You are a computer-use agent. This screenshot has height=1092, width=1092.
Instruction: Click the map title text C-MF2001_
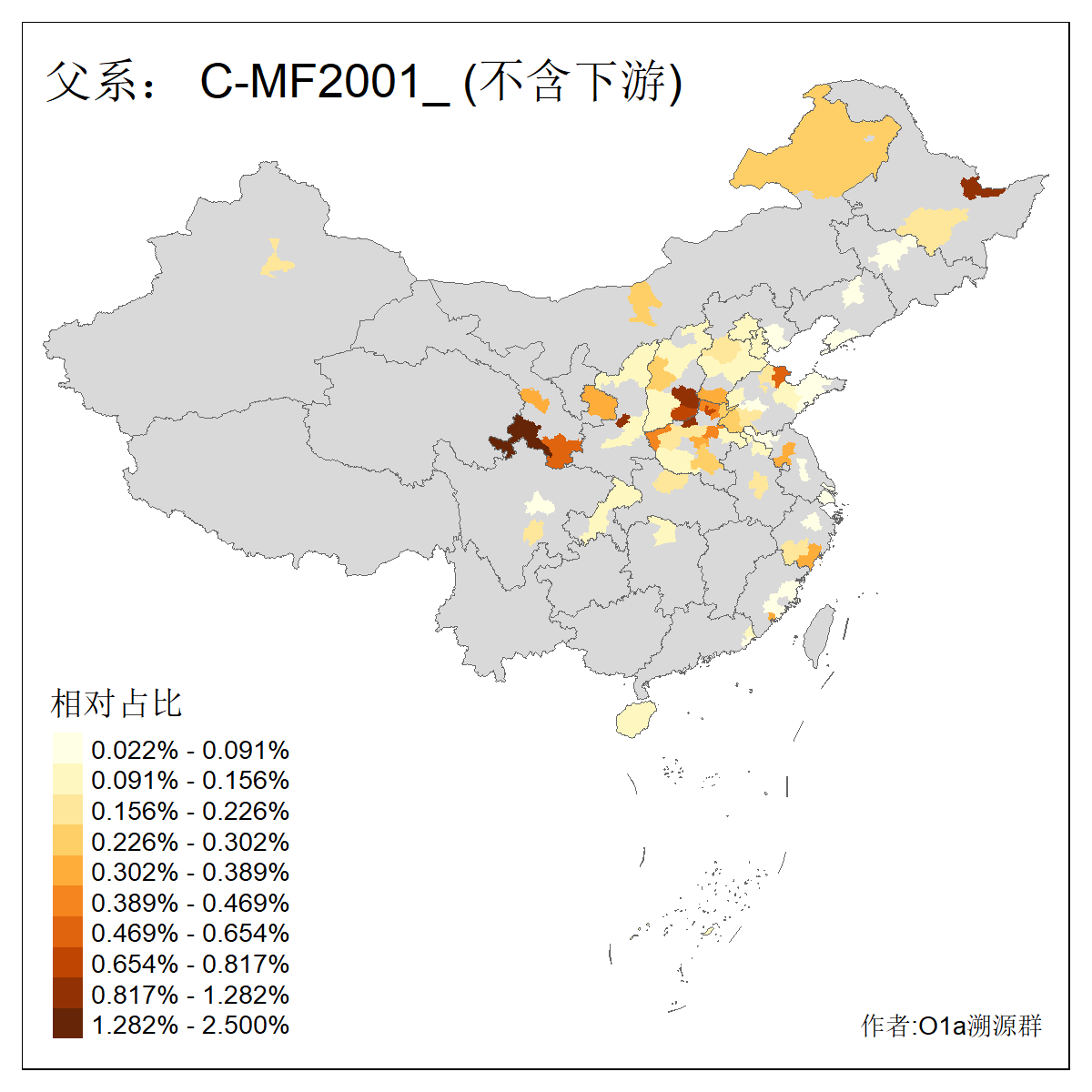tap(324, 82)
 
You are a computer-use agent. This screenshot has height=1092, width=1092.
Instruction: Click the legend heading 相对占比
tap(116, 703)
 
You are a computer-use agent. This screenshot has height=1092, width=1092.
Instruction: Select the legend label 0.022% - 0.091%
tap(190, 751)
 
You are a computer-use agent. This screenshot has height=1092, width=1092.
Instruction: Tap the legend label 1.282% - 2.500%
tap(190, 1026)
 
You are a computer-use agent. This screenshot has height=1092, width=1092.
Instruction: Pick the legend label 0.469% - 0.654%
tap(190, 934)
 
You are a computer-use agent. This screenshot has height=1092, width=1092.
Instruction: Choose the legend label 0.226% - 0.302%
tap(190, 842)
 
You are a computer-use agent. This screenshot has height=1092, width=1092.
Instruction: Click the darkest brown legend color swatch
tap(67, 1024)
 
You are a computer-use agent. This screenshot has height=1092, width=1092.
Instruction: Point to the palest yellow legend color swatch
tap(67, 749)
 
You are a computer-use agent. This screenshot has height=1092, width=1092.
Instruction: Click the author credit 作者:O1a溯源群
tap(951, 1026)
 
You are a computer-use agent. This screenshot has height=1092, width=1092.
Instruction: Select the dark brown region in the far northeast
tap(979, 187)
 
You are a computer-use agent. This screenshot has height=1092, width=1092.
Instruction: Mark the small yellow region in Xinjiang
tap(277, 262)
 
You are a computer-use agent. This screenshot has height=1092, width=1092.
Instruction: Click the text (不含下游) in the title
tap(573, 82)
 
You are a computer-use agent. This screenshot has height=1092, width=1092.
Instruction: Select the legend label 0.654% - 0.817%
tap(190, 965)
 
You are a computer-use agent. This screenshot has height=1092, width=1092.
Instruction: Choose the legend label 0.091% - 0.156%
tap(190, 781)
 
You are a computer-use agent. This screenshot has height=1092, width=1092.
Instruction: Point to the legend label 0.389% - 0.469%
tap(190, 904)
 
